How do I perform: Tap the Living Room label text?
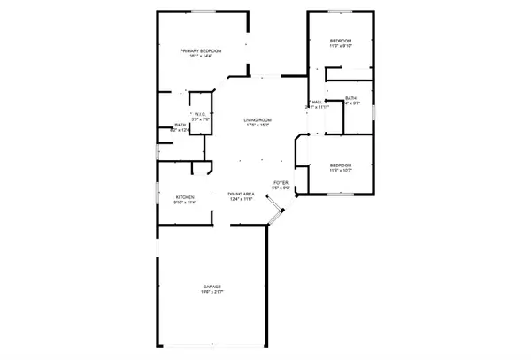[258, 119]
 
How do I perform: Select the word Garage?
[211, 287]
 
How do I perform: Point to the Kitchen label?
[185, 196]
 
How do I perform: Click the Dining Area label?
[242, 194]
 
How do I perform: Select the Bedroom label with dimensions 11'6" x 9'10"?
[341, 42]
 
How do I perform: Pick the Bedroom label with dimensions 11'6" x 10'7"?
[341, 165]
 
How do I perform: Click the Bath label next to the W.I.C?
[180, 126]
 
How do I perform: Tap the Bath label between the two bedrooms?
[350, 98]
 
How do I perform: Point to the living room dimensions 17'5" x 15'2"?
[258, 126]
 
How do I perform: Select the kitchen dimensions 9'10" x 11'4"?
[185, 203]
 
